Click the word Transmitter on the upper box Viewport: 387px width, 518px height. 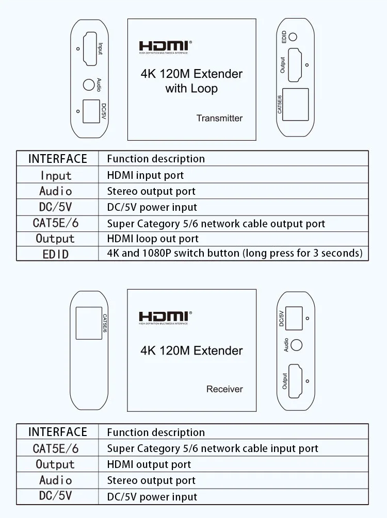pos(219,118)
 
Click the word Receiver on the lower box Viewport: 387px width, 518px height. pos(224,389)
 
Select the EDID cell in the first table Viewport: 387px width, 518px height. pos(56,254)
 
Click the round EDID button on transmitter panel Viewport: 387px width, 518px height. pos(293,37)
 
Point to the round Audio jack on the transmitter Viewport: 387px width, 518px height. pos(88,85)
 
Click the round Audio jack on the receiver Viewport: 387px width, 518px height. pos(296,345)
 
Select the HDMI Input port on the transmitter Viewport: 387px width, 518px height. pos(89,48)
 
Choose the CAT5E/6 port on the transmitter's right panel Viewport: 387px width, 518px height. pos(295,104)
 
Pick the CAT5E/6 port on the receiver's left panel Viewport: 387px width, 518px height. pos(89,323)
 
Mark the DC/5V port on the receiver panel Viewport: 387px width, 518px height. pos(294,319)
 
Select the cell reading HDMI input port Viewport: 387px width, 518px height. pos(146,175)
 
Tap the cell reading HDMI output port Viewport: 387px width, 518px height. pos(149,464)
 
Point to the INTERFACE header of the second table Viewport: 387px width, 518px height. pos(57,432)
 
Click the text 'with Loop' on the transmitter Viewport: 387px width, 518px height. pos(191,89)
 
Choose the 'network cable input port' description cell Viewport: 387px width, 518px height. pos(213,448)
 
